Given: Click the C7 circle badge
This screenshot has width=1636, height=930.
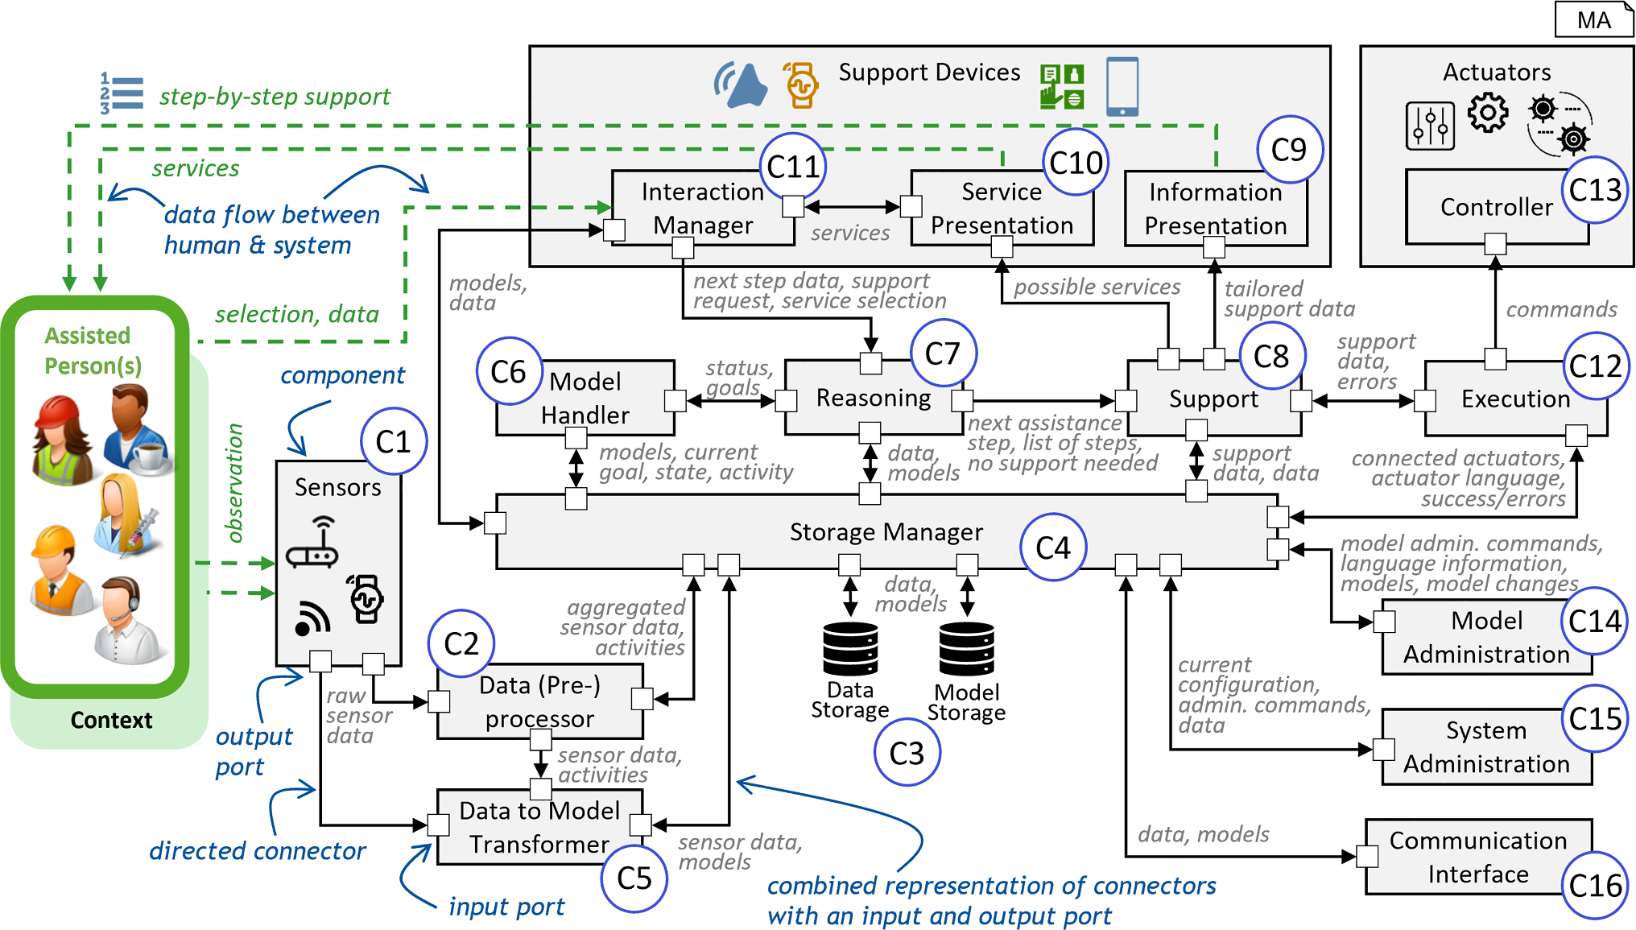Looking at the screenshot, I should (x=943, y=353).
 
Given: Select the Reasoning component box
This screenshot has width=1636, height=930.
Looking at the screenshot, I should (x=874, y=398).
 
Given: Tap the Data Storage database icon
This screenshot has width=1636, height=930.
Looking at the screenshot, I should (x=850, y=649).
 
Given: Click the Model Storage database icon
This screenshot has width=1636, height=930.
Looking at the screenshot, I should (x=966, y=649).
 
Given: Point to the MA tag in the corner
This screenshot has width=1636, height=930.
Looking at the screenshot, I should (x=1593, y=20).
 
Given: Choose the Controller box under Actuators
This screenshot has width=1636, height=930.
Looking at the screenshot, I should (x=1496, y=207).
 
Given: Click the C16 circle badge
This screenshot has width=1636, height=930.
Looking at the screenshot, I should (x=1595, y=886).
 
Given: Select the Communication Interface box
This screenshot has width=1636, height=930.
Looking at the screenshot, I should (x=1477, y=857).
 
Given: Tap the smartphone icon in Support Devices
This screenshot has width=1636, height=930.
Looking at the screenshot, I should (x=1122, y=86).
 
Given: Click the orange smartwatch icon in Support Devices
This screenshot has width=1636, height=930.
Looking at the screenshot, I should (x=801, y=85).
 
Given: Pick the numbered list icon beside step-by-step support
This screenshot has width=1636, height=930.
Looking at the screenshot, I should (x=122, y=93).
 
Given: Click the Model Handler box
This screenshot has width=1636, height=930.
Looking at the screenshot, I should (x=585, y=398).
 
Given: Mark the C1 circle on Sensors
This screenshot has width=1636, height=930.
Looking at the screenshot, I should (x=393, y=441).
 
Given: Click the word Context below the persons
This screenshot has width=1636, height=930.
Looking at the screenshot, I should (x=111, y=720).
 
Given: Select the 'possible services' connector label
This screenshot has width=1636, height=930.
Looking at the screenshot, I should (x=1097, y=287).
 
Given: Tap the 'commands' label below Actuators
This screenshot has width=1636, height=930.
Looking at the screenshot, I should (x=1561, y=309).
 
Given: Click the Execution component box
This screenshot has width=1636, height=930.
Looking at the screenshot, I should (x=1514, y=399).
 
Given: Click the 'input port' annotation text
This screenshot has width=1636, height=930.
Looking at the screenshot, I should (x=506, y=907).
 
